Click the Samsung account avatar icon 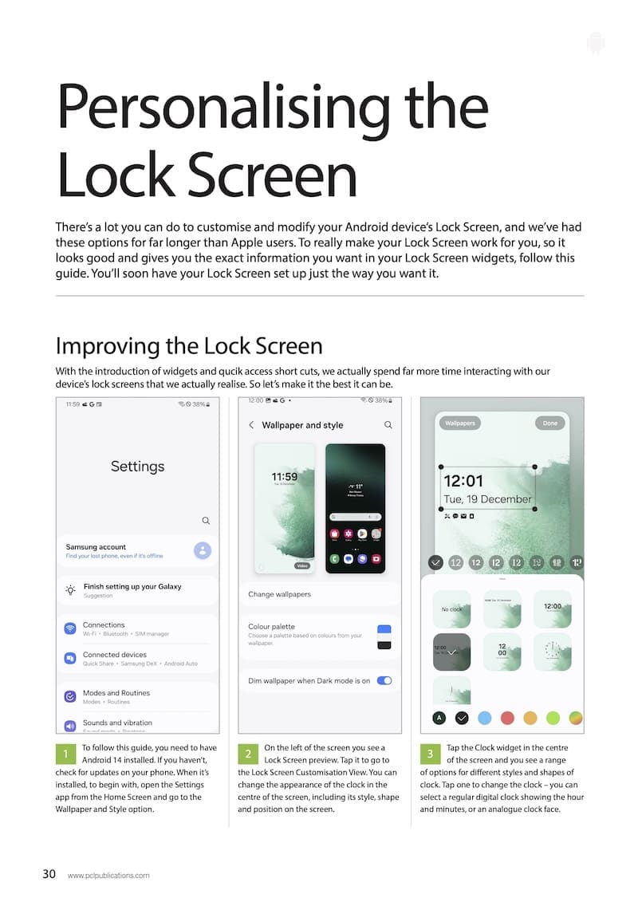tap(203, 549)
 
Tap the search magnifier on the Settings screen tap(206, 521)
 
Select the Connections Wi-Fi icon tap(69, 628)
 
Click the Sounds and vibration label tap(117, 723)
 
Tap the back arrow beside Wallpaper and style tap(251, 425)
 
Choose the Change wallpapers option tap(279, 594)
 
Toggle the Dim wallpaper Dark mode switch tap(384, 680)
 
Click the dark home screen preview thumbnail tap(355, 508)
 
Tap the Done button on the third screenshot tap(550, 423)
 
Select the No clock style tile tap(451, 609)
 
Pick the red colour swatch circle tap(506, 718)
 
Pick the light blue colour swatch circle tap(484, 718)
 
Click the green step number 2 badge tap(248, 754)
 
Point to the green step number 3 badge tap(430, 754)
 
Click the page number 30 tap(49, 874)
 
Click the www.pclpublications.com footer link tap(108, 875)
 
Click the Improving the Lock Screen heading tap(189, 346)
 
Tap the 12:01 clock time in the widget tap(463, 481)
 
